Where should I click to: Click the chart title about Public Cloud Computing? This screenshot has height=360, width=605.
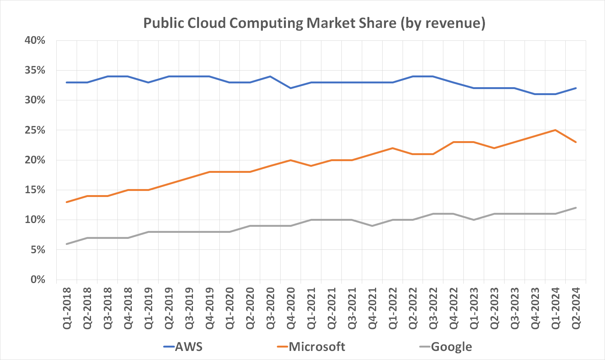[314, 23]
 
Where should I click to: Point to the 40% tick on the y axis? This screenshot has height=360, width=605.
[35, 40]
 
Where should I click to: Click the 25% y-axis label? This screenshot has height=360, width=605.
[35, 130]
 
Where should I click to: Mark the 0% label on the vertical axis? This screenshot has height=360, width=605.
[37, 280]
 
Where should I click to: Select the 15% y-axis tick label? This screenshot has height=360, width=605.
[35, 190]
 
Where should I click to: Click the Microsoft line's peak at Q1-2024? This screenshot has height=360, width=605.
[555, 130]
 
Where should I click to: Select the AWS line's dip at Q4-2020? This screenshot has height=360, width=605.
[290, 88]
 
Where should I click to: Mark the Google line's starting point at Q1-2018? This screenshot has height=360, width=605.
[66, 244]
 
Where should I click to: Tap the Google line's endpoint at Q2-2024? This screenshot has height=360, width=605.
[576, 208]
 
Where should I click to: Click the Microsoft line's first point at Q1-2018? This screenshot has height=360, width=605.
[66, 202]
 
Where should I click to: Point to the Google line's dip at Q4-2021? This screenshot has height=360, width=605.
[372, 226]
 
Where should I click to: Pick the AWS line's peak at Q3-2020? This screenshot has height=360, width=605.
[270, 76]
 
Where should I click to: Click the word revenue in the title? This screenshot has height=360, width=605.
[452, 23]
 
